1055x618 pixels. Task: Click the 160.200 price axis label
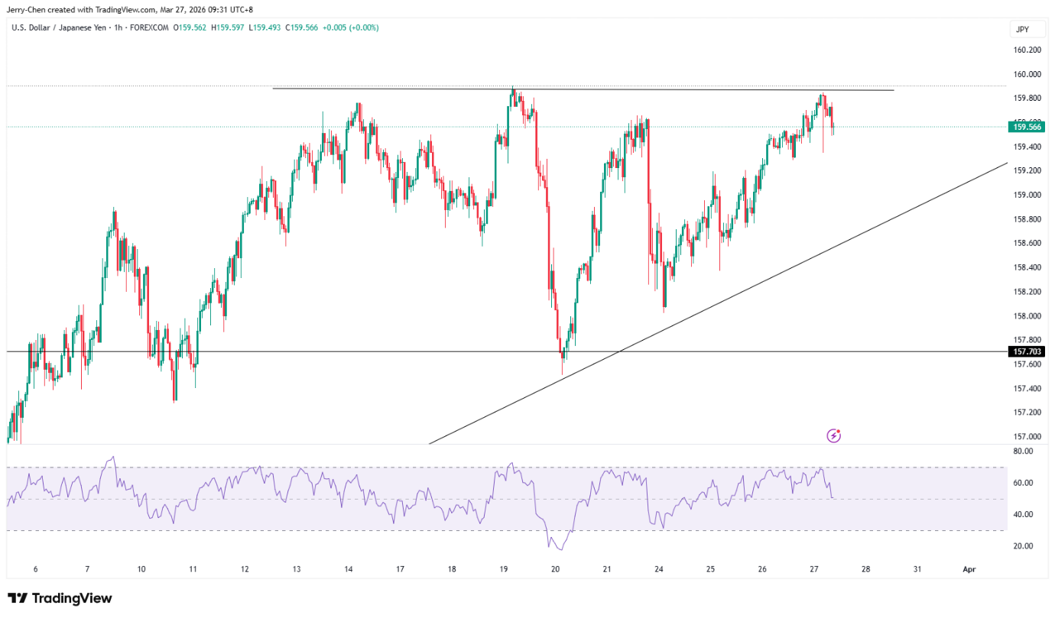pos(1027,50)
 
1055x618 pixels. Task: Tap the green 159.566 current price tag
pos(1027,127)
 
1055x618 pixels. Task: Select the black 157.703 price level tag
pos(1027,351)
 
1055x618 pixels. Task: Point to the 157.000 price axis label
pos(1027,436)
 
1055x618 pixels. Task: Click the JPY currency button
pos(1022,29)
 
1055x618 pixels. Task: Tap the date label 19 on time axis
pos(504,569)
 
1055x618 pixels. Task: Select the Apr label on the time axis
pos(969,569)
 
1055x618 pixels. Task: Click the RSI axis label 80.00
pos(1023,451)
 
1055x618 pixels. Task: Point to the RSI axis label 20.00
pos(1023,546)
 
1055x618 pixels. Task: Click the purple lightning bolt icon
pos(833,436)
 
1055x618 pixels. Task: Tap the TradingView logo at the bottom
pos(60,598)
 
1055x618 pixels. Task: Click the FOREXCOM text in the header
pos(149,28)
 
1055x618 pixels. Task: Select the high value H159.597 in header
pos(228,28)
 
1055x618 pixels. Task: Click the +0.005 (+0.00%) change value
pos(350,28)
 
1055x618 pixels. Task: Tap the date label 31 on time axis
pos(917,569)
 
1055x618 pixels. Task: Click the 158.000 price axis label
pos(1027,315)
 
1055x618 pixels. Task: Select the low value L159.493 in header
pos(265,28)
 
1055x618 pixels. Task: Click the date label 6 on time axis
pos(35,569)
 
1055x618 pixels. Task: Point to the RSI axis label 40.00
pos(1023,514)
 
